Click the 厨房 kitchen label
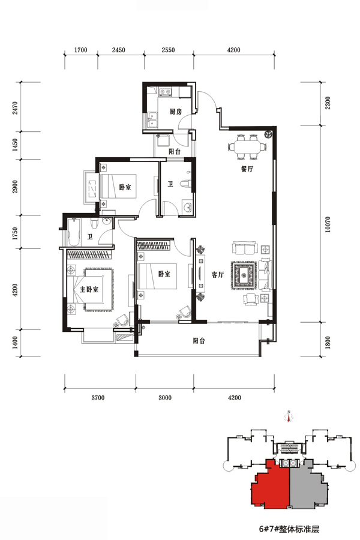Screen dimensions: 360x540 tap(175, 112)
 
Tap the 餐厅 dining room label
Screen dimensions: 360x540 tap(247, 169)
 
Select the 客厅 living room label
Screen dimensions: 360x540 tap(217, 275)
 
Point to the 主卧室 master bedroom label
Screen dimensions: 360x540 tap(89, 289)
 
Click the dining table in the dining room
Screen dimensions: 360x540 tap(247, 147)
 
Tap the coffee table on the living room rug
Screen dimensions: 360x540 tap(244, 275)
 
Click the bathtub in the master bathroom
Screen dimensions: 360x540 tap(74, 232)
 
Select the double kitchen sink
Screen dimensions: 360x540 tap(152, 120)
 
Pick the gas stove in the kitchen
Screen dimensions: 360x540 tap(164, 92)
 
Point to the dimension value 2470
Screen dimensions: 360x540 tap(14, 108)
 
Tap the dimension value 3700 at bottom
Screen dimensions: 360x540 tap(98, 398)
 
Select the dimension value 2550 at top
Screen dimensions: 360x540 tap(168, 50)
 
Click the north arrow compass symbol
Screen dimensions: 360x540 tap(289, 417)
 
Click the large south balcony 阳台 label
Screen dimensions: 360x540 tap(199, 341)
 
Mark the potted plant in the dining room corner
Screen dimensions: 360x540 tap(268, 134)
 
